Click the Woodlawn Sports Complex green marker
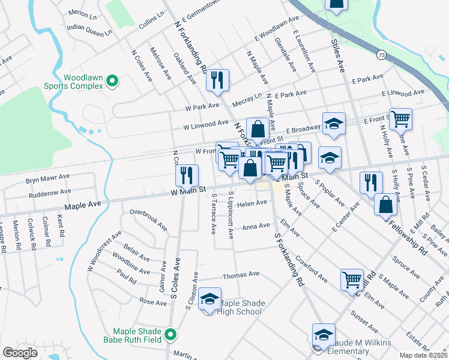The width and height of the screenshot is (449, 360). pyautogui.click(x=112, y=80)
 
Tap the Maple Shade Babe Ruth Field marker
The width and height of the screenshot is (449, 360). pyautogui.click(x=171, y=334)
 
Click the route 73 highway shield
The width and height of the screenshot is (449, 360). pyautogui.click(x=382, y=55)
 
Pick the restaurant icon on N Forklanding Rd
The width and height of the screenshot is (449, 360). pyautogui.click(x=217, y=80)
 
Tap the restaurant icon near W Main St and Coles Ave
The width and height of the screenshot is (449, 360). pyautogui.click(x=187, y=175)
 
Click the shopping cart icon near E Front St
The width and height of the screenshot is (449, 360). pyautogui.click(x=400, y=118)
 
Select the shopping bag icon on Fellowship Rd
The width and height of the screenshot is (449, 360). pyautogui.click(x=385, y=205)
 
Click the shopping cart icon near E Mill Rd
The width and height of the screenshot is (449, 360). pyautogui.click(x=352, y=278)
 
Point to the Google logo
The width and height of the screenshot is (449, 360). pyautogui.click(x=20, y=353)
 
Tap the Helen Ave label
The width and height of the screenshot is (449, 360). pyautogui.click(x=252, y=203)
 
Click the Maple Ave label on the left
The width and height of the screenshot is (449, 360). pyautogui.click(x=82, y=205)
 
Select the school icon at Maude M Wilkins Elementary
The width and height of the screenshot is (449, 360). pyautogui.click(x=323, y=334)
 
